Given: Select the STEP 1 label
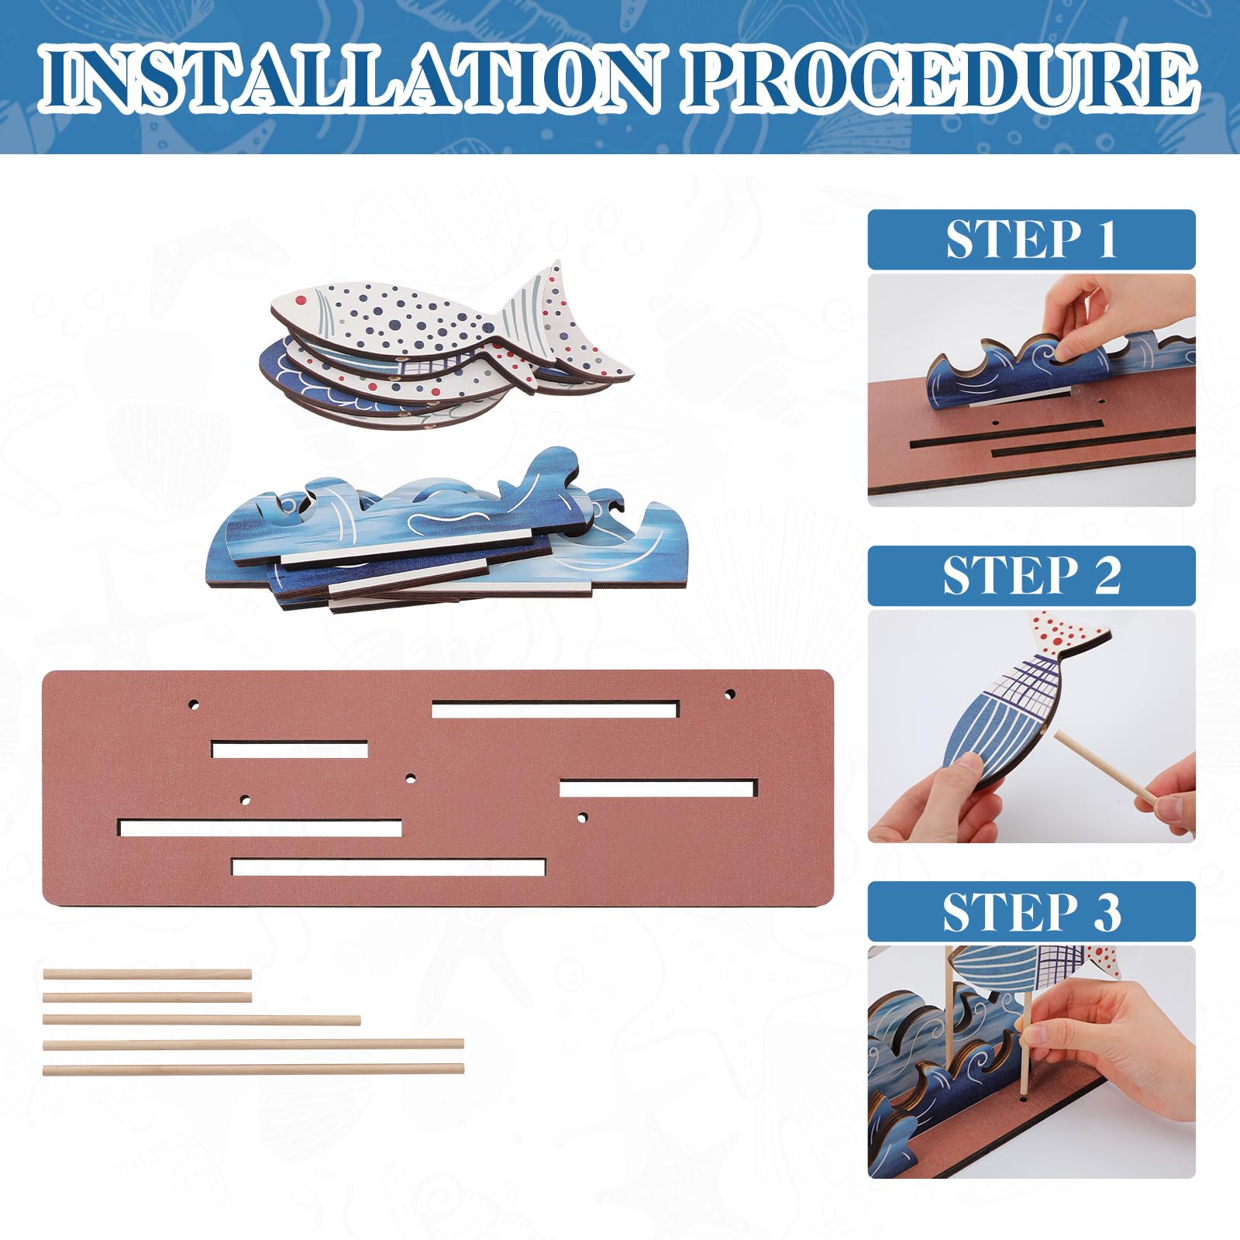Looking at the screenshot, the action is [1031, 239].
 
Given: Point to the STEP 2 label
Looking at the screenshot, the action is [1031, 576].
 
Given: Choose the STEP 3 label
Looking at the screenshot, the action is [1031, 912].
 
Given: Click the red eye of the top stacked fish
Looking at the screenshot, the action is [301, 298].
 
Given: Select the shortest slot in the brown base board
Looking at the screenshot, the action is [289, 749].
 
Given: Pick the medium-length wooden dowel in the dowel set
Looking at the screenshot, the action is [201, 1020].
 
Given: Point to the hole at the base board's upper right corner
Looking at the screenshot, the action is [729, 694].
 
